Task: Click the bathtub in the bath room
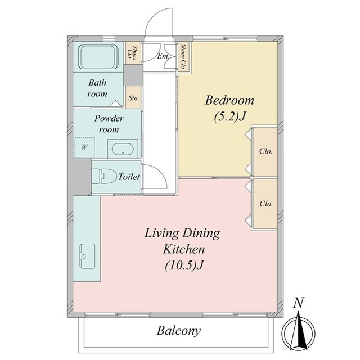[x=98, y=57]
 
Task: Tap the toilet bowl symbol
[x=103, y=176]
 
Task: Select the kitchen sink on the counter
[x=88, y=256]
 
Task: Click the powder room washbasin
[x=123, y=150]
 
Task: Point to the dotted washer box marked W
[x=84, y=147]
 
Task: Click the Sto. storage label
[x=134, y=98]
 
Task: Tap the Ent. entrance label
[x=164, y=56]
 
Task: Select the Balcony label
[x=179, y=331]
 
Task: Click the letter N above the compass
[x=299, y=303]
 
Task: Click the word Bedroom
[x=229, y=100]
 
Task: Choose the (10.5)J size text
[x=184, y=266]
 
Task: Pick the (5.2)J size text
[x=230, y=117]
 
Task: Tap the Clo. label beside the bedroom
[x=265, y=151]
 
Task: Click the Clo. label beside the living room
[x=266, y=204]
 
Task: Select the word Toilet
[x=129, y=177]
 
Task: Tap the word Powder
[x=109, y=118]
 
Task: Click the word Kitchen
[x=184, y=249]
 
